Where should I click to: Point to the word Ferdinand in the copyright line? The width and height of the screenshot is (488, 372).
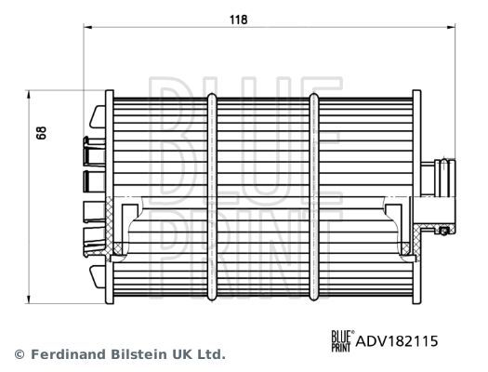coord(68,354)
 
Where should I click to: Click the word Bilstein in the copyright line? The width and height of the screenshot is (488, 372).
coord(144,354)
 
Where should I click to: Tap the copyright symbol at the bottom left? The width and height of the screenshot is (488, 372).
coord(18,354)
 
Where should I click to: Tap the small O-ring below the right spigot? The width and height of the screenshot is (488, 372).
coord(445,230)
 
